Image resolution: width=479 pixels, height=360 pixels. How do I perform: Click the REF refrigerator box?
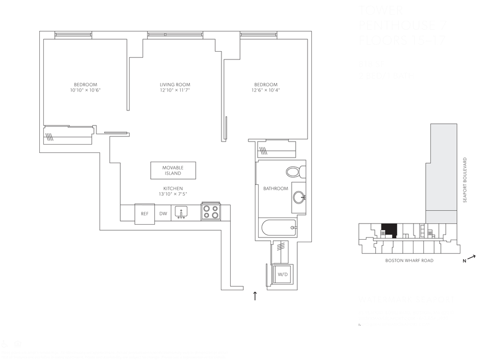tap(145, 214)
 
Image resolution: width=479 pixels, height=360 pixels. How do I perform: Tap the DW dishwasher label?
tap(163, 214)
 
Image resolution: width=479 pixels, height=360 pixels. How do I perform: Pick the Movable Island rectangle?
tap(173, 170)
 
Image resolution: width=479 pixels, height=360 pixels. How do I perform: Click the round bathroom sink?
tap(298, 197)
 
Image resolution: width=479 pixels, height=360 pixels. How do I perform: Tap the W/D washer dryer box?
tap(282, 274)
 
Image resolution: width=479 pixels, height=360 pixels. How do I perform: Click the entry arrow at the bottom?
tap(254, 296)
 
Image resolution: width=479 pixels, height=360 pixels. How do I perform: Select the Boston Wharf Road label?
tap(409, 261)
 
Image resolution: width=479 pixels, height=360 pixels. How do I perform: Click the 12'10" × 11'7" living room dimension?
tap(175, 90)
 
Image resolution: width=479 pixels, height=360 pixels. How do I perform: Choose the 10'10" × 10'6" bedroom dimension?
tap(85, 90)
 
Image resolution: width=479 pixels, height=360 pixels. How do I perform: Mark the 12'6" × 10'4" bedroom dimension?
tap(265, 90)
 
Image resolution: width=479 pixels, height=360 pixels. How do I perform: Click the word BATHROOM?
tap(276, 189)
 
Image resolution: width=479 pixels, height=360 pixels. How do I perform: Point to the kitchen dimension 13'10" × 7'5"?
tap(172, 195)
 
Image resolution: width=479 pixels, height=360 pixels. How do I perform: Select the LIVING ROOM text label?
tap(175, 85)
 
